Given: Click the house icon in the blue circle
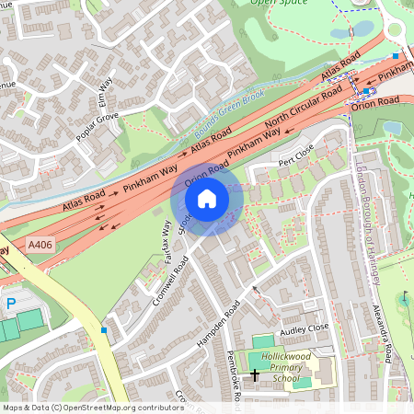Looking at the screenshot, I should pyautogui.click(x=207, y=198).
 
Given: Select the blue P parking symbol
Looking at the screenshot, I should pyautogui.click(x=11, y=303).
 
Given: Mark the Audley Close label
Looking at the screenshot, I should pyautogui.click(x=305, y=327).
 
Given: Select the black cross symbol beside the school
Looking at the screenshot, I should pyautogui.click(x=254, y=374).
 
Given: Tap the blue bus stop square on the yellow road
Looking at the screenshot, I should pyautogui.click(x=105, y=329).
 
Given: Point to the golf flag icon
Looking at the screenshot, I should pyautogui.click(x=404, y=296).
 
